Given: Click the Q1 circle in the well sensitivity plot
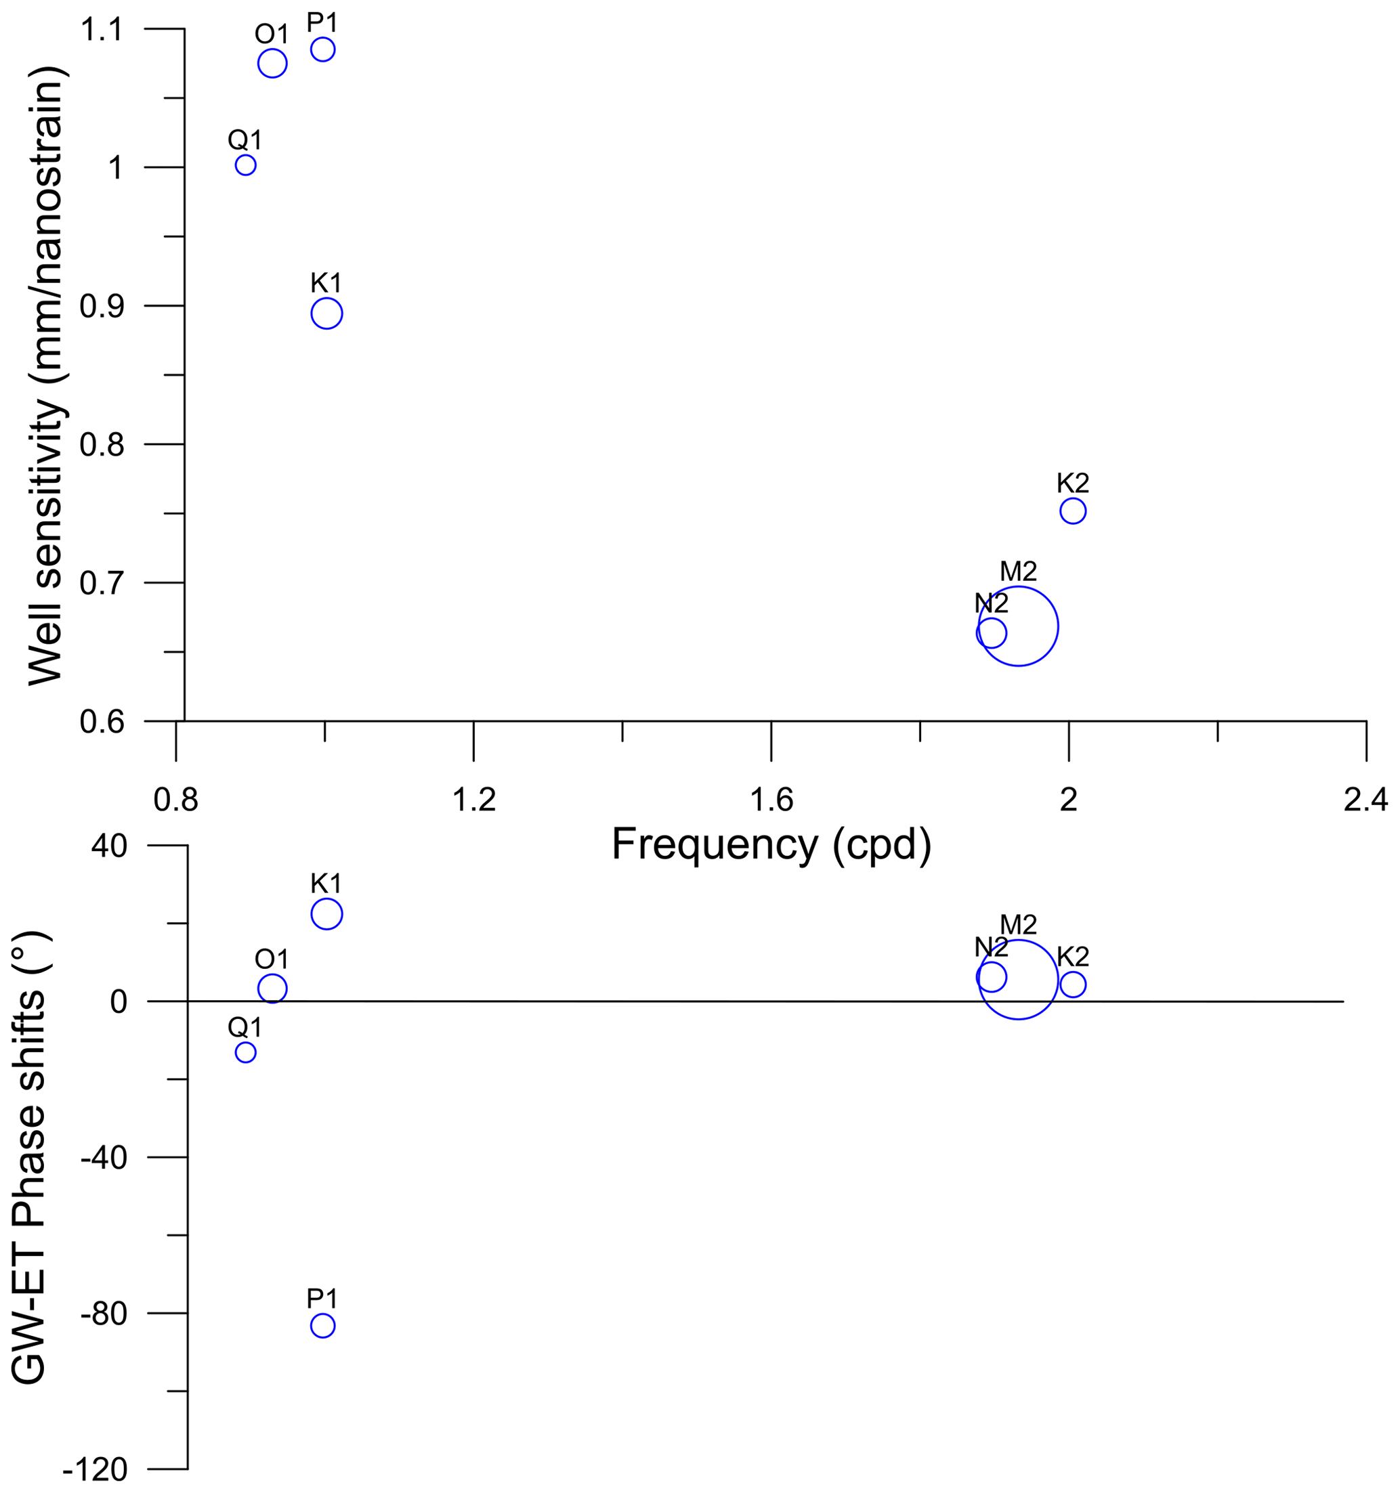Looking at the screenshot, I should [x=246, y=165].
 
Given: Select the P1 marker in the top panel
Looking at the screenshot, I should [x=322, y=49].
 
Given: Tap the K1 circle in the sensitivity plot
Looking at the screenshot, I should [x=326, y=313].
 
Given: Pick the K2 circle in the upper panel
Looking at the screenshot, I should [x=1073, y=511].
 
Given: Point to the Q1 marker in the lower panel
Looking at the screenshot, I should [x=246, y=1052].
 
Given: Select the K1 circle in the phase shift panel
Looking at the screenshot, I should [x=326, y=914].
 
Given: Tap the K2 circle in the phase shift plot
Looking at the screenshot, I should [x=1073, y=984].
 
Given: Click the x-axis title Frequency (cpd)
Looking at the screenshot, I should [x=771, y=844].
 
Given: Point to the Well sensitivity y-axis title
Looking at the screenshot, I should [x=47, y=376].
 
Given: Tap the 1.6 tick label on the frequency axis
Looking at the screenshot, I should [x=771, y=800].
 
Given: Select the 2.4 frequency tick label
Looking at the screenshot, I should [x=1365, y=800].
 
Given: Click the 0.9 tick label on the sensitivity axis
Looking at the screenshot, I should [x=102, y=307].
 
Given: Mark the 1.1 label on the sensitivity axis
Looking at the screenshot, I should [x=102, y=30].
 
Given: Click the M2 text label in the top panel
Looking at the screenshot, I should [x=1018, y=571].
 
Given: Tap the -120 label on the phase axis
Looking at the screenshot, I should [x=96, y=1470].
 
